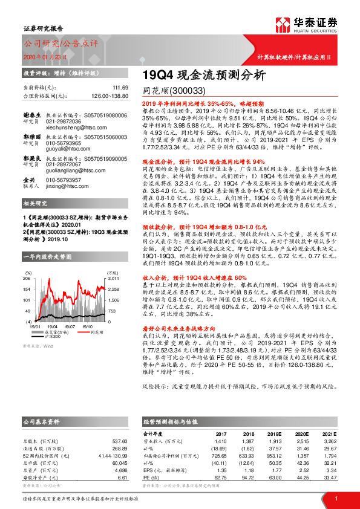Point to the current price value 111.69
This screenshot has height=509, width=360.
120,88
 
